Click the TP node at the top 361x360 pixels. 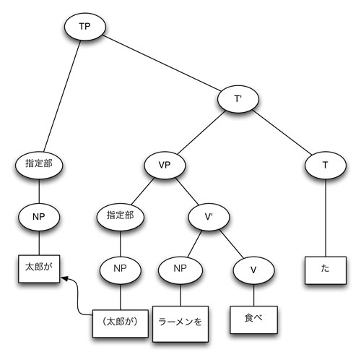pyautogui.click(x=84, y=27)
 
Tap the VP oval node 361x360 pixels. pyautogui.click(x=163, y=164)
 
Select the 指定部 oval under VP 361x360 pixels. pyautogui.click(x=119, y=215)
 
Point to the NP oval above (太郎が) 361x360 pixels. pyautogui.click(x=119, y=269)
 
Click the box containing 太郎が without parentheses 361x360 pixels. pyautogui.click(x=38, y=267)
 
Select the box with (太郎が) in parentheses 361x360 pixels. pyautogui.click(x=119, y=319)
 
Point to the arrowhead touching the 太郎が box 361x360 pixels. pyautogui.click(x=64, y=278)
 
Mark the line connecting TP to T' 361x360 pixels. pyautogui.click(x=162, y=64)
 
